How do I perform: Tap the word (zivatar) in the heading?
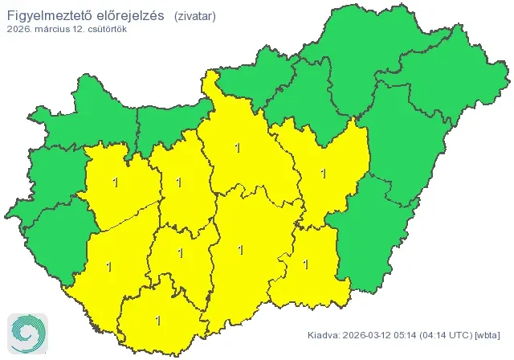(194, 14)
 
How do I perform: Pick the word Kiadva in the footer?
(323, 334)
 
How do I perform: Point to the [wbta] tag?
(489, 334)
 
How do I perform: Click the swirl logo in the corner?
(27, 333)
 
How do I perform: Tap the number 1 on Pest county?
(236, 147)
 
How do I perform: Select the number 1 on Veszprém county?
(116, 182)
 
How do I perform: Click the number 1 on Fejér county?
(178, 182)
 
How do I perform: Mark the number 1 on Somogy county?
(108, 266)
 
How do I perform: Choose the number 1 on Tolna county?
(180, 253)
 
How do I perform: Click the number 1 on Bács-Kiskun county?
(241, 249)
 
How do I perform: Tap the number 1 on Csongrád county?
(305, 263)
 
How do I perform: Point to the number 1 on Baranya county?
(157, 320)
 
